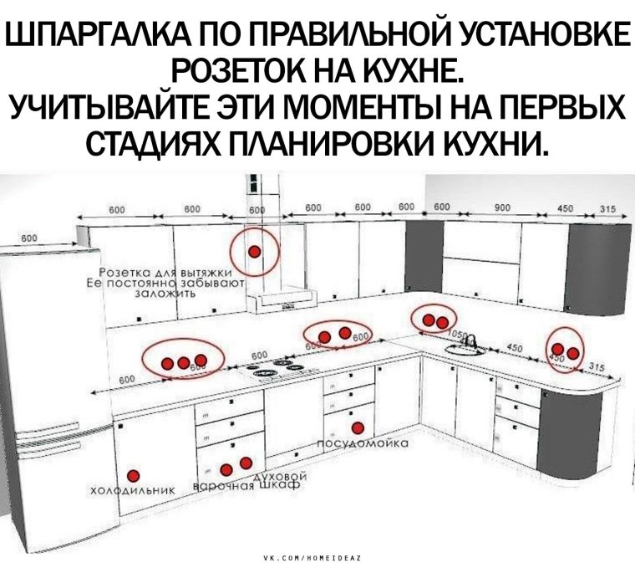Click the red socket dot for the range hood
(x=254, y=251)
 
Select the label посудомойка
(x=362, y=443)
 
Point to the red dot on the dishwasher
(x=358, y=428)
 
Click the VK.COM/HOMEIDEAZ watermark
(x=317, y=555)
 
